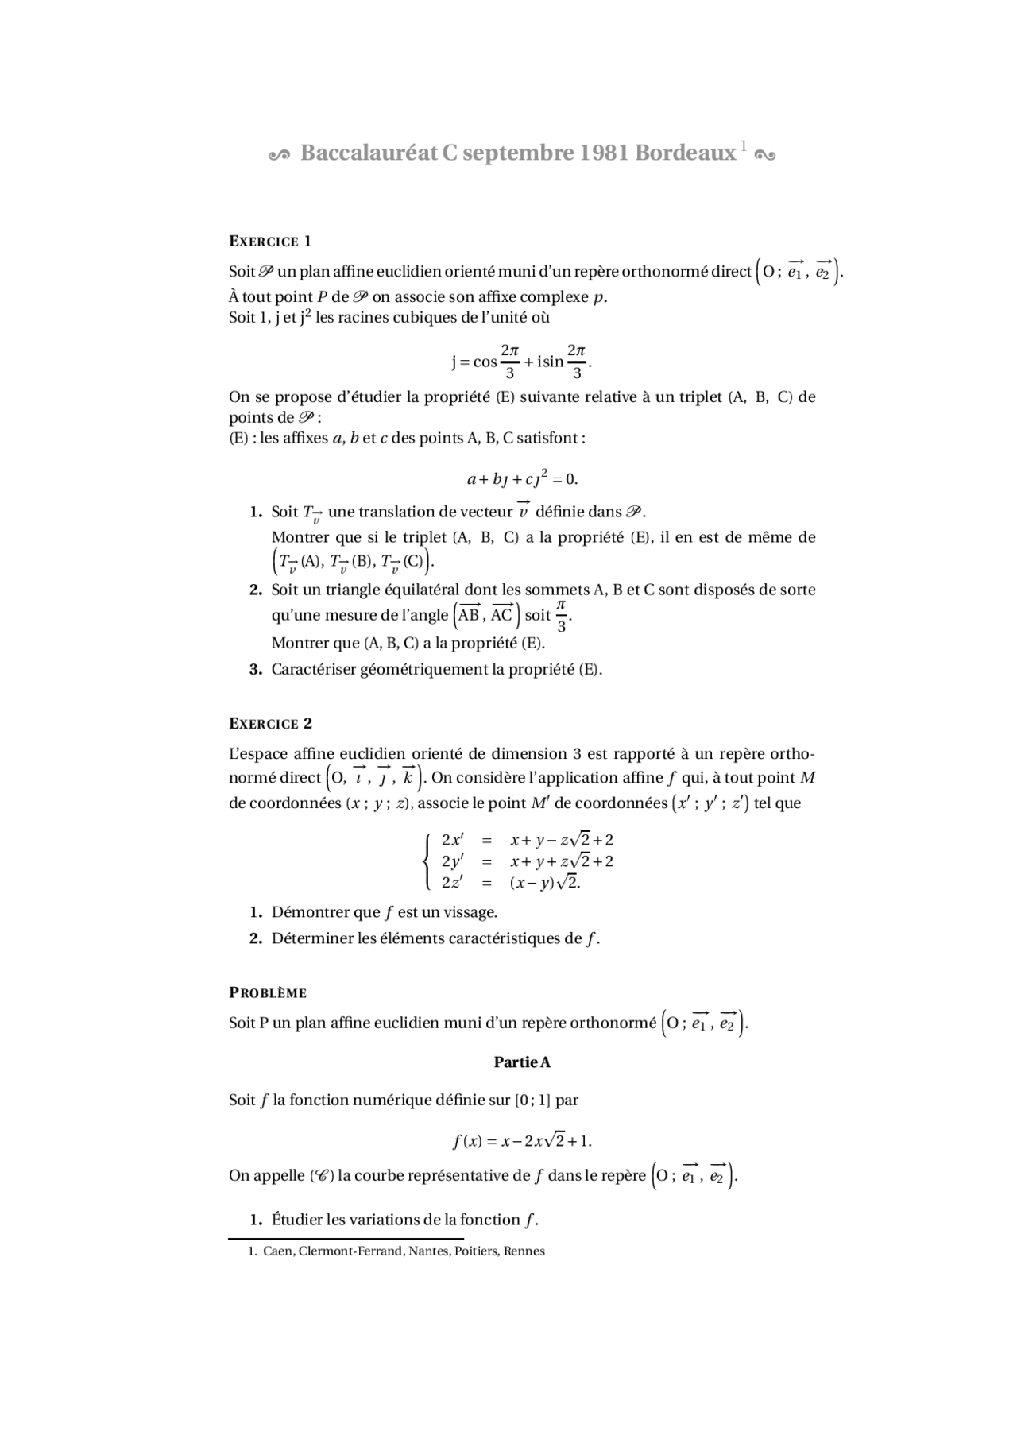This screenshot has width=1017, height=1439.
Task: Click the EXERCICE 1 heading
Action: click(270, 242)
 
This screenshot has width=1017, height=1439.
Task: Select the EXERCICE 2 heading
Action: click(270, 724)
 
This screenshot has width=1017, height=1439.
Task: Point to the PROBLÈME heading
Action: click(268, 993)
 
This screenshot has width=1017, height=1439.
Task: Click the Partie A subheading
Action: click(522, 1062)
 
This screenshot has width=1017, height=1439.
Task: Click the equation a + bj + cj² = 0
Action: click(522, 479)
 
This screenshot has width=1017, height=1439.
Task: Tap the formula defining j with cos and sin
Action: click(522, 362)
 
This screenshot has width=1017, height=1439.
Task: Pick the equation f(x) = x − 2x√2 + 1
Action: click(522, 1141)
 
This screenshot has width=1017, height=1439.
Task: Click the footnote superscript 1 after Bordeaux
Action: click(744, 145)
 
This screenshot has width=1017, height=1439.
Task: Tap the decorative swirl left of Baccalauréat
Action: click(280, 155)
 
